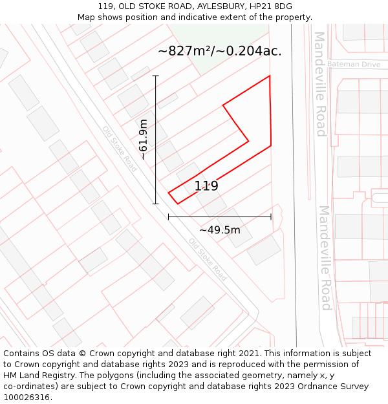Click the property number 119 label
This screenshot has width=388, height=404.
(x=206, y=186)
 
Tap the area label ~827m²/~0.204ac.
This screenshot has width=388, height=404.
(x=220, y=51)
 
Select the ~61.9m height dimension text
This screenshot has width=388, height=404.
(x=143, y=139)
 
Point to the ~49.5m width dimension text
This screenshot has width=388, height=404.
(x=220, y=230)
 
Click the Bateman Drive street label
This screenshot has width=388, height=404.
(x=353, y=65)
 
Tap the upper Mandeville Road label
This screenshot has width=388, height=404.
(x=320, y=84)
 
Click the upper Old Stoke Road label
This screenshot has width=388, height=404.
(x=120, y=148)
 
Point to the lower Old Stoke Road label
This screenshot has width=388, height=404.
(x=208, y=259)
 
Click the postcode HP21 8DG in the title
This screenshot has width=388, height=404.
(x=265, y=6)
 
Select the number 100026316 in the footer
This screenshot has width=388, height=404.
(x=26, y=398)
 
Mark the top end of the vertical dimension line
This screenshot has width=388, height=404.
(x=155, y=76)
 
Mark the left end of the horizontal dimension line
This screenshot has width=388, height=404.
(x=169, y=217)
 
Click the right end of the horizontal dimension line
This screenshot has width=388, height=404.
(x=271, y=217)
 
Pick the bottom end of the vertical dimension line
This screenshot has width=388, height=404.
(x=155, y=204)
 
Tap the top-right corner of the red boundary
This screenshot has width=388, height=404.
(x=270, y=76)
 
